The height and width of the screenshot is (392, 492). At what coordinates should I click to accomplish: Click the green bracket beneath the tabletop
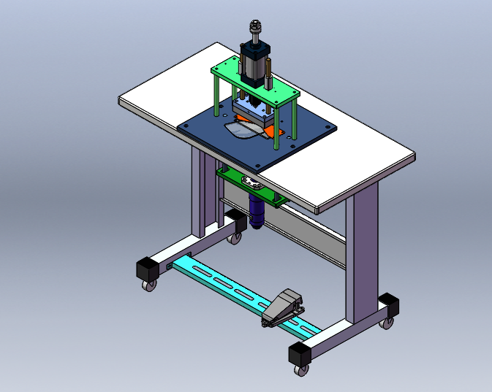coord(249,185)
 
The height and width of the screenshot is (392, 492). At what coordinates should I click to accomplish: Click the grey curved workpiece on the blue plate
coord(241,130)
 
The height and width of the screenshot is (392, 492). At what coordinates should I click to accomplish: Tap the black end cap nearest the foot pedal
coord(300,354)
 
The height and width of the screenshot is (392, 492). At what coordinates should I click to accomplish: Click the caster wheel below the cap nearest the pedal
coord(300,371)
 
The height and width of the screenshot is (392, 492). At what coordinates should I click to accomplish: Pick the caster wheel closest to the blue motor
coord(235,237)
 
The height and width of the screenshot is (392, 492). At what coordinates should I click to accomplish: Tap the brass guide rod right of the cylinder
coord(271,73)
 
